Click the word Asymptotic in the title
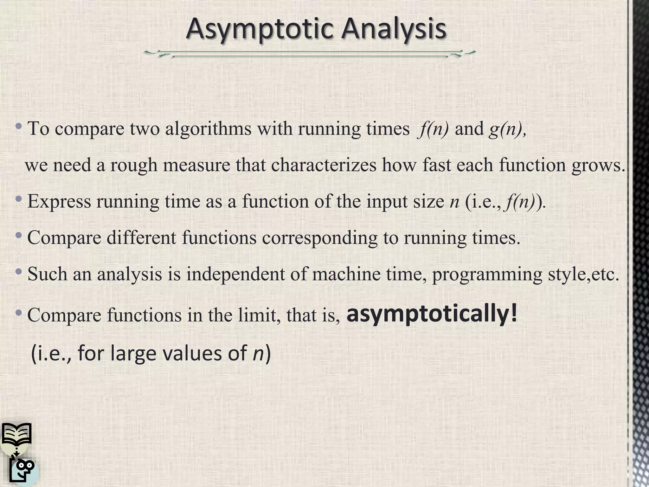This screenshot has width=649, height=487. tap(260, 29)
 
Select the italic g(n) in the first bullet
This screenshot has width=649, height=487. tap(506, 129)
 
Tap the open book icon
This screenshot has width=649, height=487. tap(16, 434)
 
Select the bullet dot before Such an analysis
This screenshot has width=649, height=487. tap(19, 272)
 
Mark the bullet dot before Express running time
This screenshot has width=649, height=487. tap(19, 199)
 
